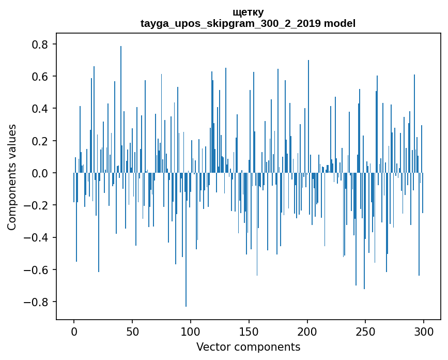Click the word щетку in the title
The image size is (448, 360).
coord(248,12)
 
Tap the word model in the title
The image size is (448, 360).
coord(339,23)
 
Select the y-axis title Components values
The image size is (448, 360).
coord(12,177)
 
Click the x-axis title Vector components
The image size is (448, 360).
coord(248,347)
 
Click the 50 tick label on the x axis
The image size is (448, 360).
coord(132,331)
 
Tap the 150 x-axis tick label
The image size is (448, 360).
coord(249,331)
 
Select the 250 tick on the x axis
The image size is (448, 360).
coord(365,331)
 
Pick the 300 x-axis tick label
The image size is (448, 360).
coord(424,331)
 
